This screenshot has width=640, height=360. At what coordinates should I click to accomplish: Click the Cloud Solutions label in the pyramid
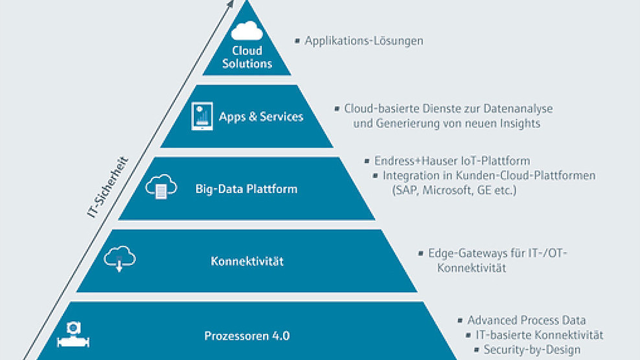click(x=247, y=57)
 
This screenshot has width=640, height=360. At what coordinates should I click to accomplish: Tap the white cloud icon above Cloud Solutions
click(x=247, y=31)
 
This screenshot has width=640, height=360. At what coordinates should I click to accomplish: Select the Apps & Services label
click(x=261, y=117)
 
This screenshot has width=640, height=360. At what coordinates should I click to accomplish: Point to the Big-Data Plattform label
click(x=246, y=189)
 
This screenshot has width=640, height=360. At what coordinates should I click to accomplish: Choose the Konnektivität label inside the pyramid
click(x=247, y=262)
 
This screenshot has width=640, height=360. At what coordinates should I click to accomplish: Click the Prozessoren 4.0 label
click(x=247, y=335)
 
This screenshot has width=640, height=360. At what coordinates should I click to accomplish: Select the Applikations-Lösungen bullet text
click(x=364, y=41)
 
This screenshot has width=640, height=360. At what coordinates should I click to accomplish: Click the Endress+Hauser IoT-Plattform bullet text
click(x=452, y=161)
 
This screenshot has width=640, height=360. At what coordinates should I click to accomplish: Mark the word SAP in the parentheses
click(x=404, y=190)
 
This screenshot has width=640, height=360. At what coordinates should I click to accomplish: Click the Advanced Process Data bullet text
click(x=527, y=320)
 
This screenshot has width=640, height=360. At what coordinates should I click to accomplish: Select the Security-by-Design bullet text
click(x=532, y=350)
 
